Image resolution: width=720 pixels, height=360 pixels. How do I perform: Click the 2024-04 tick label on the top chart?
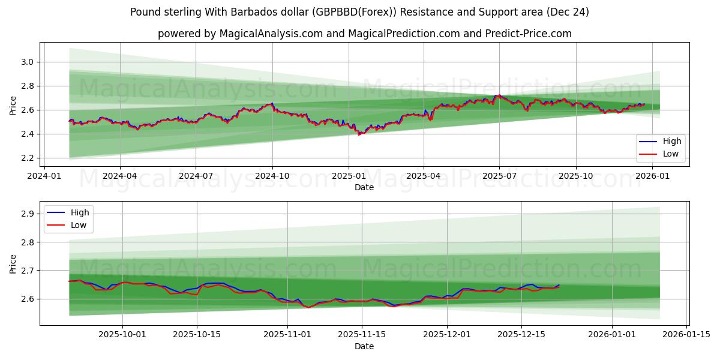(119, 176)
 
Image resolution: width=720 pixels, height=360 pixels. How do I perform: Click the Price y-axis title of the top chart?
(13, 105)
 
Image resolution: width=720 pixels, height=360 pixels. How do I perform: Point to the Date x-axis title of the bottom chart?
(364, 346)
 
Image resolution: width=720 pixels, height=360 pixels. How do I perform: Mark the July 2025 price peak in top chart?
(496, 95)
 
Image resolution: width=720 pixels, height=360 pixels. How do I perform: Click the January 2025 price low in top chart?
(359, 134)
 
